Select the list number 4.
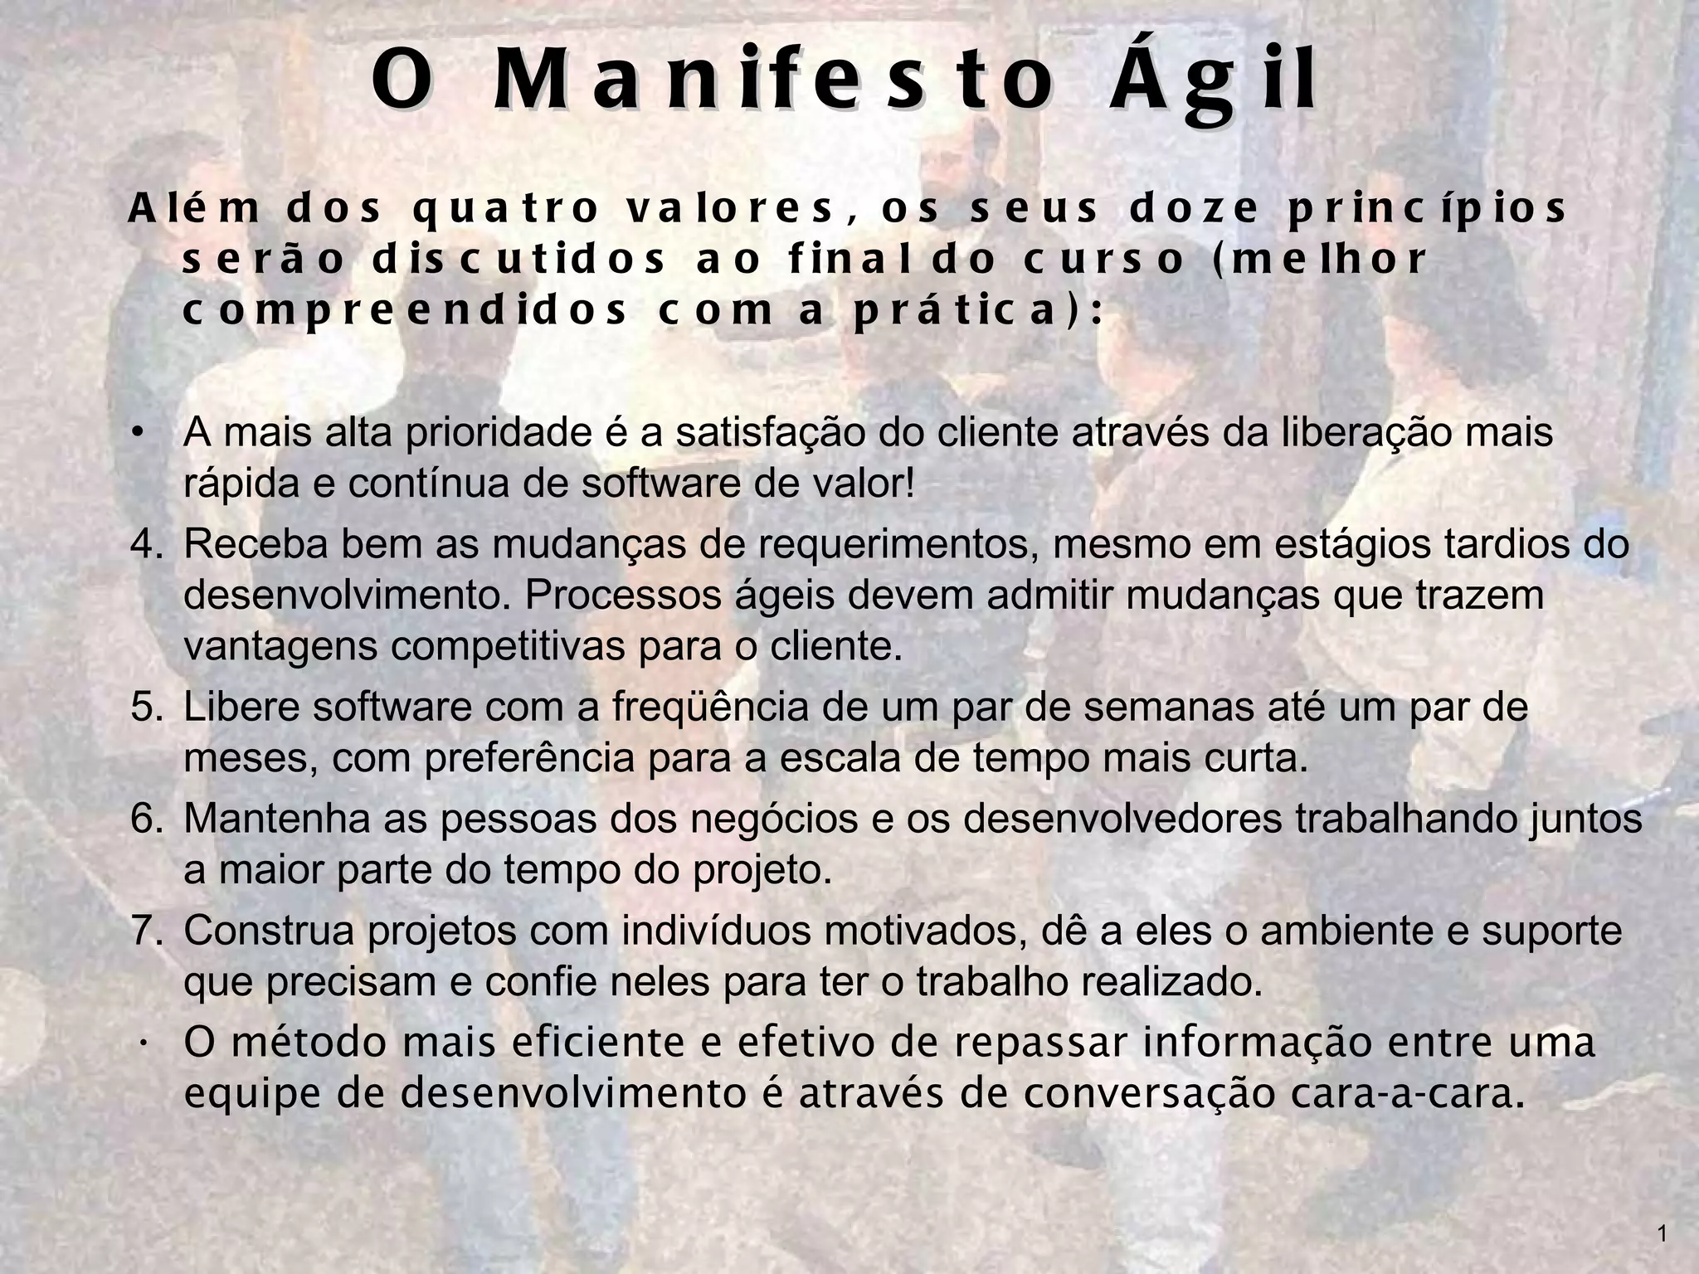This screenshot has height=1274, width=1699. (x=147, y=545)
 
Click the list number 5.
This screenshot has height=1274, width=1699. (x=147, y=708)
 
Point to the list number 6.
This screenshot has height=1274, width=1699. (x=147, y=819)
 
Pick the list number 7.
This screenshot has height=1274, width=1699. (x=147, y=931)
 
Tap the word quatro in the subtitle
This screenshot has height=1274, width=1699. (x=505, y=208)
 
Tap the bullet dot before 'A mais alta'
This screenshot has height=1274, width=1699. (x=139, y=433)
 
